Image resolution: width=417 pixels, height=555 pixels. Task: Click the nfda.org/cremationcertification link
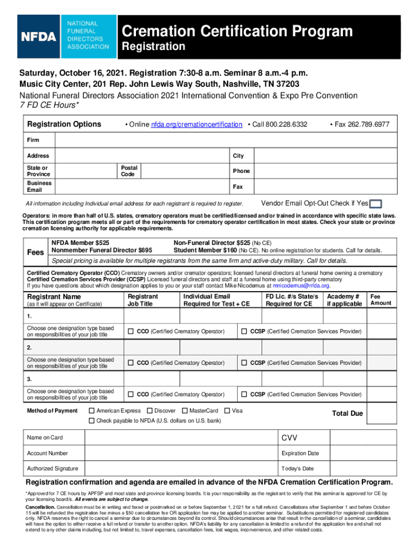click(196, 125)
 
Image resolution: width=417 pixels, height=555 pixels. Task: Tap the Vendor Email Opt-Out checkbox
click(376, 204)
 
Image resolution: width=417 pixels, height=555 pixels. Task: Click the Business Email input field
click(141, 186)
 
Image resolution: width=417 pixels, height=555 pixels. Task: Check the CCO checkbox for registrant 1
click(131, 331)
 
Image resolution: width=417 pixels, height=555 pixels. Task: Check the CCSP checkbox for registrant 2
click(244, 363)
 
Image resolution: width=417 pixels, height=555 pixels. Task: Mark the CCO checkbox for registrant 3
click(131, 394)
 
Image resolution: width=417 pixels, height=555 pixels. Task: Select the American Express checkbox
click(92, 411)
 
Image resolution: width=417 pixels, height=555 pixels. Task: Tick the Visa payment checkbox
click(227, 411)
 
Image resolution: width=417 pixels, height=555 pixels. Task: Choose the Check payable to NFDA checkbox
click(92, 421)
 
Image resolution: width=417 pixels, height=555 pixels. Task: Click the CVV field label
click(289, 438)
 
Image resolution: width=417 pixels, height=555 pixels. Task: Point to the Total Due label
click(347, 414)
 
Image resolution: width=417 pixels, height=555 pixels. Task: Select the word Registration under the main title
click(153, 47)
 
